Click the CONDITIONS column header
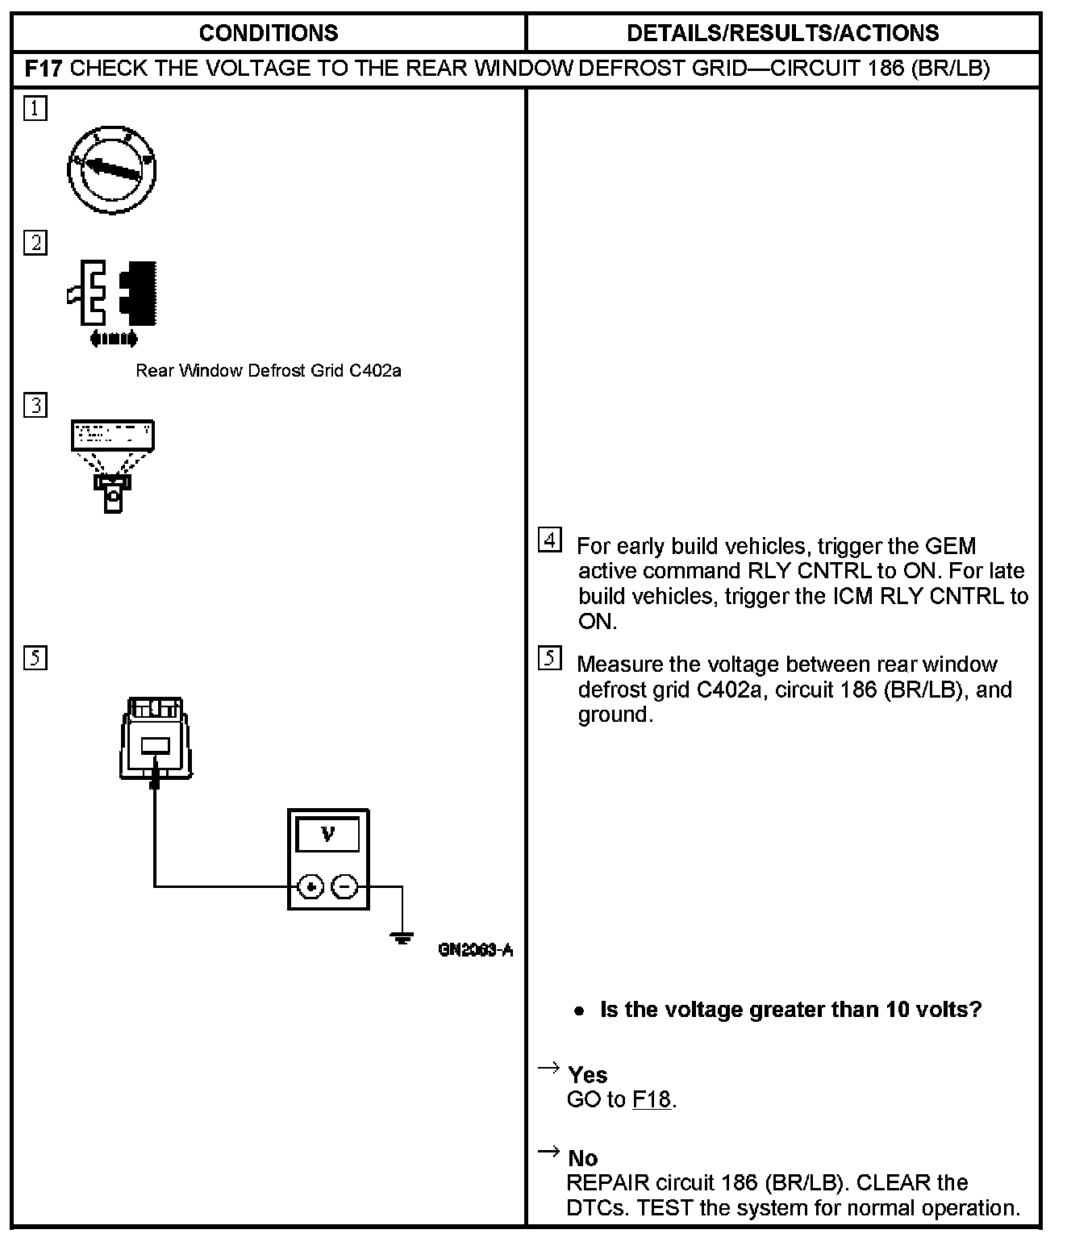tap(268, 33)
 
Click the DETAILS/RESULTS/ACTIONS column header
tap(782, 33)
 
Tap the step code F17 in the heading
tap(44, 68)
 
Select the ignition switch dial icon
tap(111, 169)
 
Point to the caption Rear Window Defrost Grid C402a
tap(268, 371)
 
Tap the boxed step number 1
tap(35, 108)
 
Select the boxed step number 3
tap(35, 405)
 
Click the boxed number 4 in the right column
tap(549, 540)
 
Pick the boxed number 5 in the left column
tap(35, 658)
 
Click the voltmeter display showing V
tap(328, 835)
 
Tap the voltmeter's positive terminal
tap(310, 887)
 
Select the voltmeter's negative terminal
tap(344, 887)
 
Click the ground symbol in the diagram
tap(402, 937)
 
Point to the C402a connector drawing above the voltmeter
tap(156, 738)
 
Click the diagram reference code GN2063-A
tap(476, 950)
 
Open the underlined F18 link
tap(652, 1099)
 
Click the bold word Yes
tap(587, 1075)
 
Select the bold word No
tap(582, 1159)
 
